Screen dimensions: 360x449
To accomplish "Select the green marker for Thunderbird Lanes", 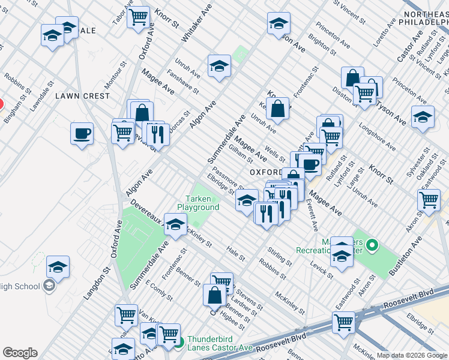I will point(179,343).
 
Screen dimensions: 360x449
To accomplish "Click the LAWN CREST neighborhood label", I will point(83,96).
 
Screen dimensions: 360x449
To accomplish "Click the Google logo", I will point(20,353).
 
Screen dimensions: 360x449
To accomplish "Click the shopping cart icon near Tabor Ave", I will point(139,17).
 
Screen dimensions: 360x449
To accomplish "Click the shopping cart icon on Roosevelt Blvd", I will point(343,322).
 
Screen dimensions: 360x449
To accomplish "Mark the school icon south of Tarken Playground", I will point(175,226).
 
